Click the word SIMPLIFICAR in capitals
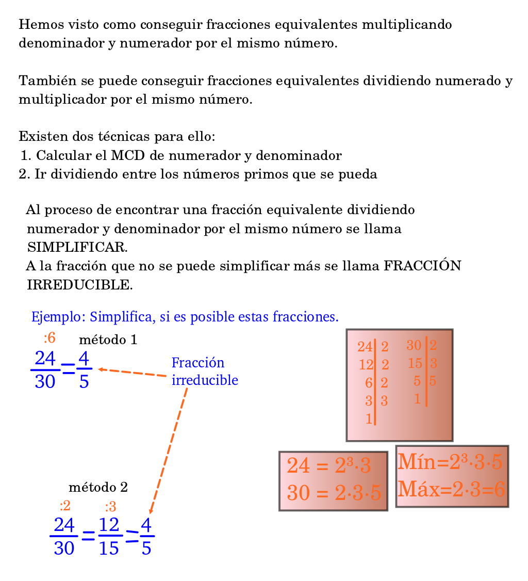77,247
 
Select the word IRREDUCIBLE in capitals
79,284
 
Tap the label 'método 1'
108,340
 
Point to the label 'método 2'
98,487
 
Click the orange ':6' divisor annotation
49,338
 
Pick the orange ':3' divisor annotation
110,506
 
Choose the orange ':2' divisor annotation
65,506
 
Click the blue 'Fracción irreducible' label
205,372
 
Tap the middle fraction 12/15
109,537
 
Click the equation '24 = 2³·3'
328,466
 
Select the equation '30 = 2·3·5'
334,493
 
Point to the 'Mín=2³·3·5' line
450,462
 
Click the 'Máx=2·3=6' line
452,488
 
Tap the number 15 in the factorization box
415,363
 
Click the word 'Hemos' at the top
36,25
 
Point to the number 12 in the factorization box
366,365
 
